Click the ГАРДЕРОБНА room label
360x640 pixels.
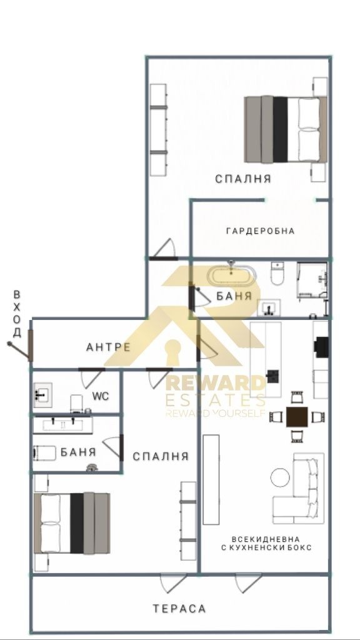coord(261,231)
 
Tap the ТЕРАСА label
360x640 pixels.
coord(179,609)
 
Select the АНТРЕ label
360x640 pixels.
coord(109,347)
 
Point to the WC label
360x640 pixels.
coord(101,396)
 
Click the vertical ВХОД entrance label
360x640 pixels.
coord(17,314)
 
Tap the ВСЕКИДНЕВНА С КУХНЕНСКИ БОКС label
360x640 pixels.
coord(266,543)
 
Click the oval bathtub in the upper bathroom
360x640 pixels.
coord(231,276)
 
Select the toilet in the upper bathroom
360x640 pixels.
coord(277,273)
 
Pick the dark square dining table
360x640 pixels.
coord(297,417)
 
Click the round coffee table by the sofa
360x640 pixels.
coord(281,477)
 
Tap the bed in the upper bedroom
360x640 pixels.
coord(286,129)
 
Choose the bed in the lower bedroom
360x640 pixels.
coord(72,523)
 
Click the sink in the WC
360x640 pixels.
coord(42,395)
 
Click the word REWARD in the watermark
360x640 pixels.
coord(215,384)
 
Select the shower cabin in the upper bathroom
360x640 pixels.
coord(312,280)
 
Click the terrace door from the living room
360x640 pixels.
coord(248,582)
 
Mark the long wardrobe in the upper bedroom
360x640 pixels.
coord(158,130)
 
